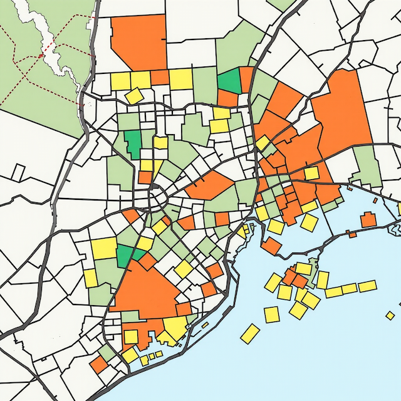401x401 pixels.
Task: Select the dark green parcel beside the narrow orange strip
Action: point(229,81)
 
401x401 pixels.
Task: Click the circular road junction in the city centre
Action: point(157,200)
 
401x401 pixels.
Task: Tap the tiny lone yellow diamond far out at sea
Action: point(390,315)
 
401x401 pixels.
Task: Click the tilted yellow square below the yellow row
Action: point(133,95)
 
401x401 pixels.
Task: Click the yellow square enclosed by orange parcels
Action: point(311,173)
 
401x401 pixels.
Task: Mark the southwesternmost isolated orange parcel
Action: point(98,365)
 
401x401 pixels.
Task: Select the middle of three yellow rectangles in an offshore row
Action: point(350,288)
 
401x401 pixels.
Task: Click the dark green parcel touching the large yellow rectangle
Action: point(125,254)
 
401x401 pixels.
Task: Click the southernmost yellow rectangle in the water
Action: point(250,333)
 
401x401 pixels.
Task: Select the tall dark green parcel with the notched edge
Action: point(133,143)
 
